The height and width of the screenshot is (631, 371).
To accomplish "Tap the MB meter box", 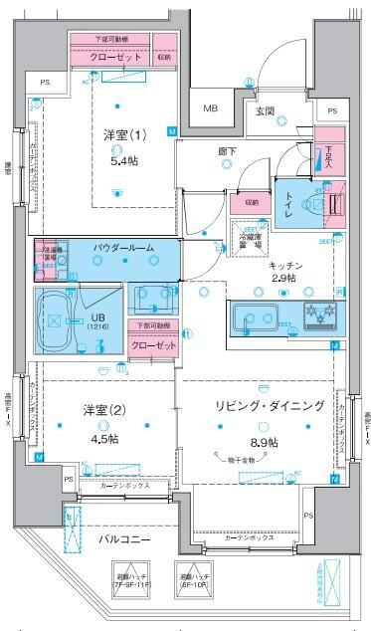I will pos(212,108).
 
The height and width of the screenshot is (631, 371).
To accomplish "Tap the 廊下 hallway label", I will pos(228,152).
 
